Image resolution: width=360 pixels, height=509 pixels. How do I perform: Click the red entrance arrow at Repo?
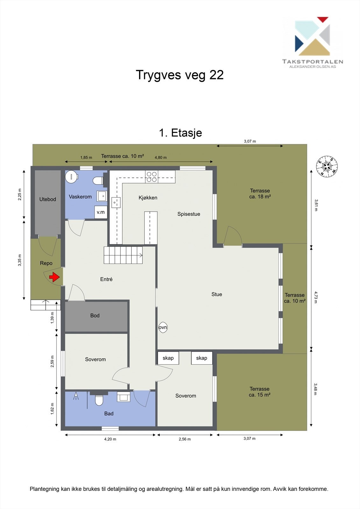(x=55, y=277)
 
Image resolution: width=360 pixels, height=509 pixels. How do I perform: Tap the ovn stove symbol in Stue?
(x=163, y=327)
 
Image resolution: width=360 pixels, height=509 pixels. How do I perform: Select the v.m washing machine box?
(x=101, y=212)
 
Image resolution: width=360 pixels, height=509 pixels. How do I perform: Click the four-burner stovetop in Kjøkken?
(x=152, y=177)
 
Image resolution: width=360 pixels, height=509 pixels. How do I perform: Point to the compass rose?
(x=327, y=167)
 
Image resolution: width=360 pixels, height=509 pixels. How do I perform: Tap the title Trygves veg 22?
(x=180, y=75)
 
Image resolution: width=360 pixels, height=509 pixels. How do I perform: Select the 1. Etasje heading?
(x=180, y=133)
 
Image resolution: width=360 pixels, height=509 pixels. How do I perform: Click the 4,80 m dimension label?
(x=160, y=157)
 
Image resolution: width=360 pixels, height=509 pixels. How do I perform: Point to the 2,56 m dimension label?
(x=185, y=439)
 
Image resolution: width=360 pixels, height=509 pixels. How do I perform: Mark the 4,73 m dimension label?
(x=315, y=297)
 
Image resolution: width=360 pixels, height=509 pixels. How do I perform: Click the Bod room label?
(x=95, y=316)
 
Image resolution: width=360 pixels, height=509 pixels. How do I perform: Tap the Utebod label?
(x=48, y=199)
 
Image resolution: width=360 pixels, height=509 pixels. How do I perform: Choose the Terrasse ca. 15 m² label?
(x=259, y=392)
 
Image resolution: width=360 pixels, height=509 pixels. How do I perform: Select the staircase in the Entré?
(x=123, y=255)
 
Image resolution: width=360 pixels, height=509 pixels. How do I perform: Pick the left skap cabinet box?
(x=168, y=358)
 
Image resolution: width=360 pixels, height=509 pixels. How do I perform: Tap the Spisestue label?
(x=189, y=214)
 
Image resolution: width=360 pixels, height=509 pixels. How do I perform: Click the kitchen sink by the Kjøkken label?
(x=116, y=202)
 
